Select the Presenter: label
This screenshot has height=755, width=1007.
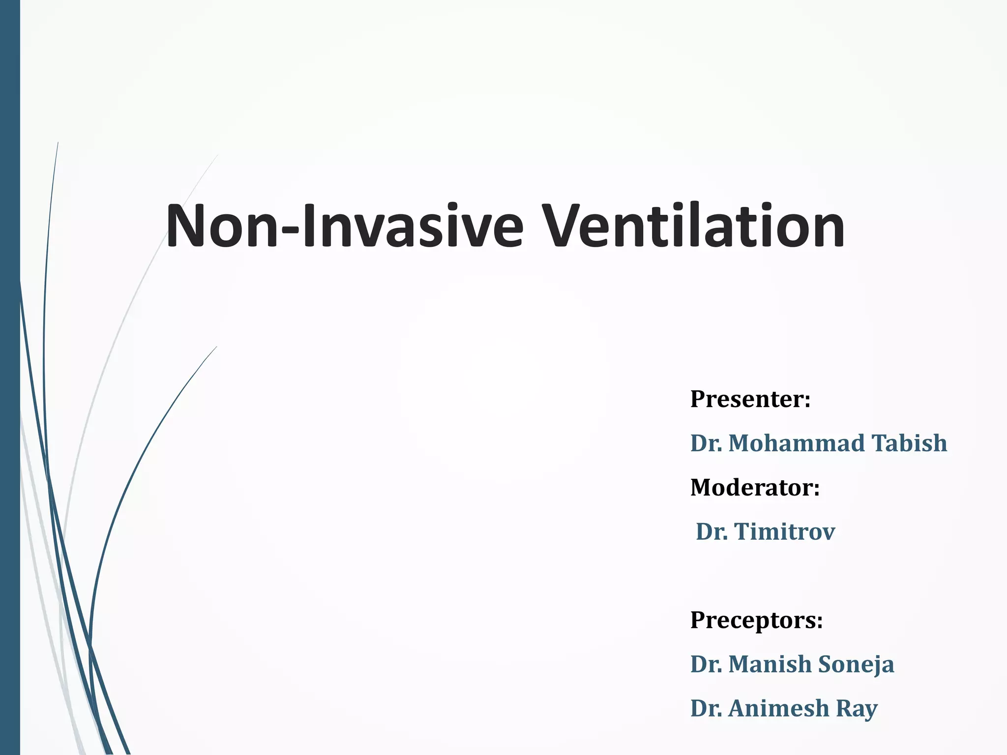750,399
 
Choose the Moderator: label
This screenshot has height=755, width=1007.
755,487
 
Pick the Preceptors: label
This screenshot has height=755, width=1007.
756,620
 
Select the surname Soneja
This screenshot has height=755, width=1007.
856,664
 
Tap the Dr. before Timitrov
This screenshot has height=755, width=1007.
711,531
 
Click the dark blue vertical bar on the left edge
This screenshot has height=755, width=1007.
10,377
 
